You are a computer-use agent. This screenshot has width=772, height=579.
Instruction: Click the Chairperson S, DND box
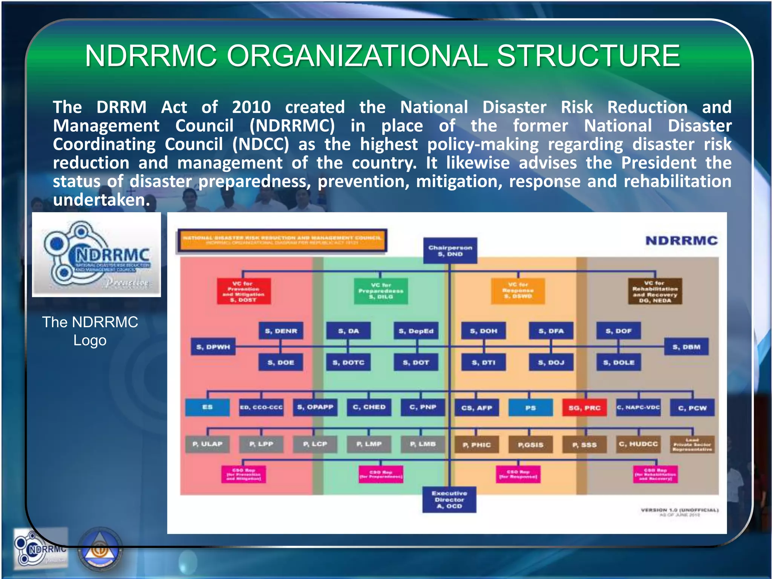[450, 251]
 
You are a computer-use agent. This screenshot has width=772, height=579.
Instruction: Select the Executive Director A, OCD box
[449, 499]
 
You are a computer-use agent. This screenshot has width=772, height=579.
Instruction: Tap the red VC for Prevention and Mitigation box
[244, 291]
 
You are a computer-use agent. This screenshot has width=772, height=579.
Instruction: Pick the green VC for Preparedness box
[381, 291]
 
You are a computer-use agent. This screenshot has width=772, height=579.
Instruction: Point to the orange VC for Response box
[518, 291]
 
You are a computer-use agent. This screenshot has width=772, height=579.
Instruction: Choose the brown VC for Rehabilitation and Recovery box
[655, 291]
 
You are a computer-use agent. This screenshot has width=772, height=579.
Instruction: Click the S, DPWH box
[213, 347]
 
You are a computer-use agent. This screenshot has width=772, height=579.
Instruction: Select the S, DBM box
[686, 347]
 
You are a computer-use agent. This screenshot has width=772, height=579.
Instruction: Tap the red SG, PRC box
[584, 408]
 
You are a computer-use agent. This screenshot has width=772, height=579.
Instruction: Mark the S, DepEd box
[416, 331]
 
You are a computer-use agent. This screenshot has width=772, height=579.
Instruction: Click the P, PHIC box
[476, 445]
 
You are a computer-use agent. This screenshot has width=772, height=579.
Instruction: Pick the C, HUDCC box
[638, 444]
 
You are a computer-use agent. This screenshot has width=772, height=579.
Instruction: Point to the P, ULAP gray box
[207, 444]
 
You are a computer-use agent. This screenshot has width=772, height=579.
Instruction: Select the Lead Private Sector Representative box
[692, 445]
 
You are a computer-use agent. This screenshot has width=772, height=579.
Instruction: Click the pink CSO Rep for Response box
[518, 474]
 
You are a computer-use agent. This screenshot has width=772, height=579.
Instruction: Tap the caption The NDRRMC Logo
[90, 331]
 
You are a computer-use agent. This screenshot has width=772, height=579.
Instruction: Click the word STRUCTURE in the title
[588, 56]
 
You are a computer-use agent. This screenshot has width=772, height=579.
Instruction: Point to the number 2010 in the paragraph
[251, 107]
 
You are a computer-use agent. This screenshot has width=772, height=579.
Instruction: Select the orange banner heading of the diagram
[282, 240]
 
